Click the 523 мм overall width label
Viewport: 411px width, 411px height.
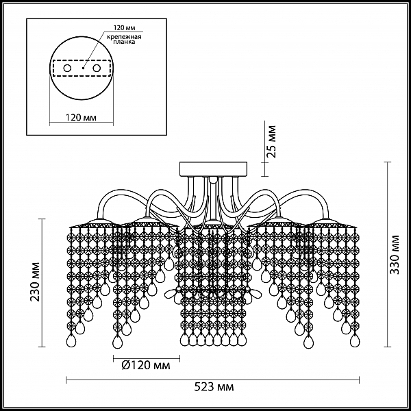214,387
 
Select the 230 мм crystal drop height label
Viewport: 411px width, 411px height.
35,282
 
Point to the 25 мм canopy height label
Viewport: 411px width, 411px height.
271,142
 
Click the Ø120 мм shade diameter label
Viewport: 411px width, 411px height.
146,365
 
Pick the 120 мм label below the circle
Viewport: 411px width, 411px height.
80,117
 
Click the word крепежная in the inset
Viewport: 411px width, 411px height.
124,36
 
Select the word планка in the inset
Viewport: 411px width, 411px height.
124,42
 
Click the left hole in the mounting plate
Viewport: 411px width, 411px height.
67,68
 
